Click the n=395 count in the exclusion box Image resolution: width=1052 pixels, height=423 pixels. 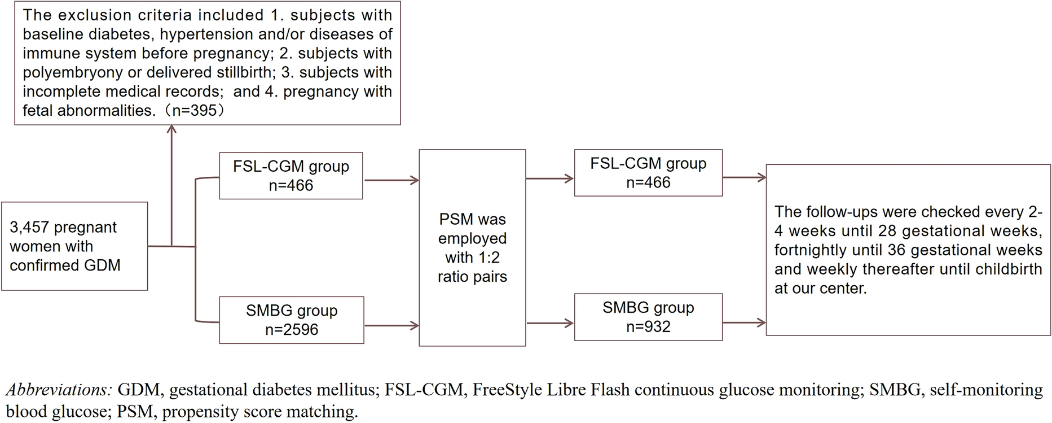click(x=194, y=111)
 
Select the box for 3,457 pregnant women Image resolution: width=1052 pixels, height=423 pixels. click(x=74, y=246)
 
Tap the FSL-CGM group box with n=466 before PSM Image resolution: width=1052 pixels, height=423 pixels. click(x=291, y=176)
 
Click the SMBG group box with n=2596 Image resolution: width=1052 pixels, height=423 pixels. click(x=292, y=320)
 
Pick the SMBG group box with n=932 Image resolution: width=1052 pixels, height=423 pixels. click(x=648, y=317)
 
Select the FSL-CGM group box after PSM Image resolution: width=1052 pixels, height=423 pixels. click(x=648, y=173)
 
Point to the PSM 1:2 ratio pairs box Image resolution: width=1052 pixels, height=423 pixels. click(x=472, y=248)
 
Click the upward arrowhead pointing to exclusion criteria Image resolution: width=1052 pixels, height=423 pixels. click(x=171, y=129)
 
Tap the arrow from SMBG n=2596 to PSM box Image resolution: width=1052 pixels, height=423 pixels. click(x=391, y=325)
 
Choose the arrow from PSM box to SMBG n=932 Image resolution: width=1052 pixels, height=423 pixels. click(x=550, y=323)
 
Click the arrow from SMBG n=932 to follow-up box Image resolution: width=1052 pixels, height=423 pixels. click(x=744, y=322)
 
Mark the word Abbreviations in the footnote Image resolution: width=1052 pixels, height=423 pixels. click(x=59, y=390)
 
